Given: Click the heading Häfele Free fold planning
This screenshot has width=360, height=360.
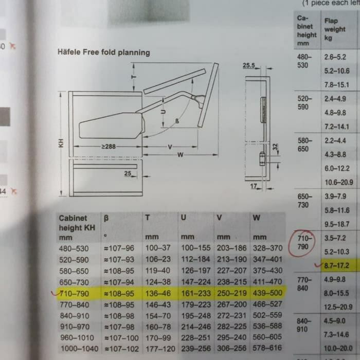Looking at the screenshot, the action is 104,52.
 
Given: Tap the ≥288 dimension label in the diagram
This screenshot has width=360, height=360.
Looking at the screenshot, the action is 109,147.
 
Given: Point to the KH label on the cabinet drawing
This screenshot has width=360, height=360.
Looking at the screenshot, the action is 61,143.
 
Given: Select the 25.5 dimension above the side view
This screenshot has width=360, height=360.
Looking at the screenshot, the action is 249,65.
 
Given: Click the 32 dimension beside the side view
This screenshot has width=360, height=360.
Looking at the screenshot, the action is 275,147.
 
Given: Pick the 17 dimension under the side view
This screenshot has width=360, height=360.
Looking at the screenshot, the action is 254,186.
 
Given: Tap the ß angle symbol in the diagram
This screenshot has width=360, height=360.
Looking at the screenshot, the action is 177,121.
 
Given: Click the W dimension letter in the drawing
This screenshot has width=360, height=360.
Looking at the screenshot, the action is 180,155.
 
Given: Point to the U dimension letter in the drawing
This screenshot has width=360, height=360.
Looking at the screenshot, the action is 163,112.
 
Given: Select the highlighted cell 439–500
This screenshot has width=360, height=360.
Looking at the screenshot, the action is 267,293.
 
